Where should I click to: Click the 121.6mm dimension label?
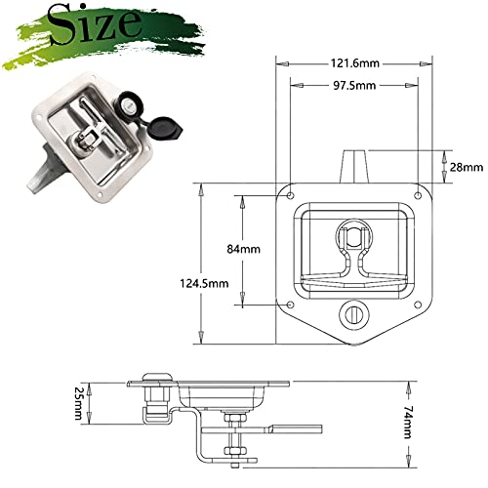click(x=355, y=62)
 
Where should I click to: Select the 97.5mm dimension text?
click(x=354, y=86)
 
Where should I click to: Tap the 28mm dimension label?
click(x=467, y=167)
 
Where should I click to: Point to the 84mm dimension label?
click(x=244, y=249)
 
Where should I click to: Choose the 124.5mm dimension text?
click(x=204, y=283)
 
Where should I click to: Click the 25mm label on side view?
click(x=78, y=403)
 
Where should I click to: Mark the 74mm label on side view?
click(x=408, y=422)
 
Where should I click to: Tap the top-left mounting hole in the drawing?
click(x=291, y=195)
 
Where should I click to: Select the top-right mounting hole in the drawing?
click(x=418, y=195)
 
